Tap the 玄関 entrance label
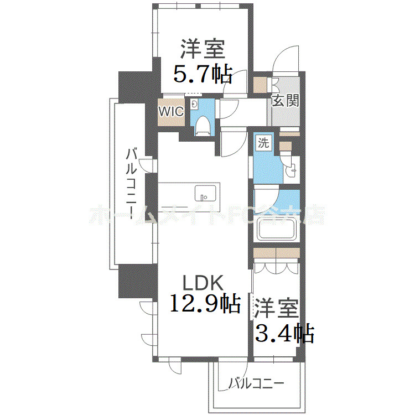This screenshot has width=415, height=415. point(285,101)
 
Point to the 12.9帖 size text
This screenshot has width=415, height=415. point(204,303)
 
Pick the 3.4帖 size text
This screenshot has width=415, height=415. point(284,333)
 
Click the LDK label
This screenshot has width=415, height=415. point(203,283)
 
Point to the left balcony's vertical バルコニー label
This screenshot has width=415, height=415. point(132,183)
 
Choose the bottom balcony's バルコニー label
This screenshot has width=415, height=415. point(256,383)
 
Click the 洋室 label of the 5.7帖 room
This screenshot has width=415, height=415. point(202,49)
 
